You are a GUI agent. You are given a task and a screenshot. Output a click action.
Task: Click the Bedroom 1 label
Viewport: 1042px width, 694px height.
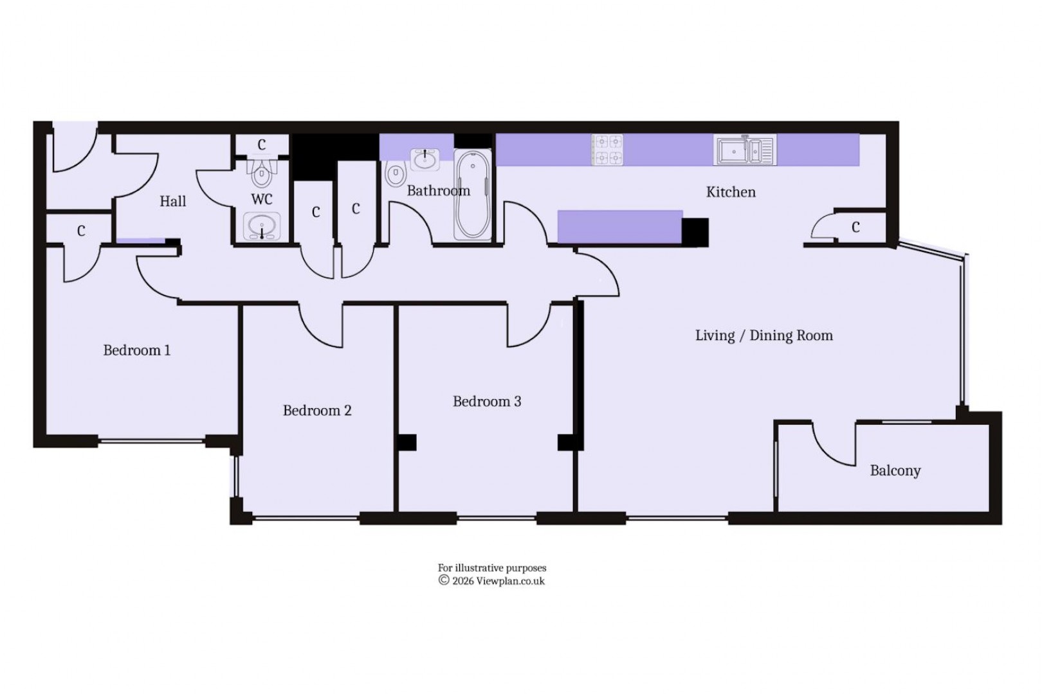tap(137, 351)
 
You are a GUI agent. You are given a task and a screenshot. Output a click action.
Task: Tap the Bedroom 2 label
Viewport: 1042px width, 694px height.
tap(317, 411)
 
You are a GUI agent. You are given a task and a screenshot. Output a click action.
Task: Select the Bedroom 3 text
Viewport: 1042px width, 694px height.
tap(487, 402)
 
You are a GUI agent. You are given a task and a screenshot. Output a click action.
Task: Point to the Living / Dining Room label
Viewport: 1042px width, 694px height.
tap(763, 335)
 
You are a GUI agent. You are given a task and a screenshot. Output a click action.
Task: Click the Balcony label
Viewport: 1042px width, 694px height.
tap(895, 471)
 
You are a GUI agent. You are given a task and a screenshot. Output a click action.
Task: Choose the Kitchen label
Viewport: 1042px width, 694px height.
tap(731, 192)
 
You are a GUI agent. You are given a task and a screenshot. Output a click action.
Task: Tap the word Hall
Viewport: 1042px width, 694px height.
tap(172, 202)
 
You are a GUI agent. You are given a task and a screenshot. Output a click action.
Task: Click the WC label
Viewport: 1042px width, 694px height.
tap(262, 200)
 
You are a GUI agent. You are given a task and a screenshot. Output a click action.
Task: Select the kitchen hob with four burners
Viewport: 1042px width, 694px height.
tap(607, 149)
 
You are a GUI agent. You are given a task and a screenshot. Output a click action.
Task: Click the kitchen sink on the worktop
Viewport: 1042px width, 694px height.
tap(744, 150)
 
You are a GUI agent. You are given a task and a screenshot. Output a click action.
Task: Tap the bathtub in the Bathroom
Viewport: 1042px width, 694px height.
tap(473, 195)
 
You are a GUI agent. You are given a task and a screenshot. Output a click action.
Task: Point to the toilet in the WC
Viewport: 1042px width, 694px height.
tap(262, 172)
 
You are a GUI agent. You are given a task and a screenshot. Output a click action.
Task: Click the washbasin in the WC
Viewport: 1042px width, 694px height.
tap(262, 226)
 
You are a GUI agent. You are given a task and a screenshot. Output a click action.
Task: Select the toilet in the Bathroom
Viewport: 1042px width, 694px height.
tap(396, 173)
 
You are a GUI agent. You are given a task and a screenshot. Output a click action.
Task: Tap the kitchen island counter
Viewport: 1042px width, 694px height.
tap(619, 227)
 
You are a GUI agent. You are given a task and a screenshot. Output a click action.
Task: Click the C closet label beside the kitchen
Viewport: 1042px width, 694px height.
tap(855, 227)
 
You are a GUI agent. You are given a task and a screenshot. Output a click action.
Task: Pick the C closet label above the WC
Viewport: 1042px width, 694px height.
tap(262, 145)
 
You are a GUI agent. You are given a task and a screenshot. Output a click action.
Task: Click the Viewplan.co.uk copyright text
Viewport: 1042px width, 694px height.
tap(492, 581)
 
